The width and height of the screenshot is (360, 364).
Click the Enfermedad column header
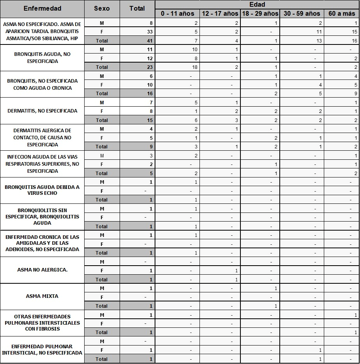(x=42, y=8)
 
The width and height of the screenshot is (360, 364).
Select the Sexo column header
(x=102, y=8)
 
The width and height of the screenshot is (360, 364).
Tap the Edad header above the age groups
(x=257, y=5)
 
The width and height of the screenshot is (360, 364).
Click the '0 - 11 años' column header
(x=177, y=13)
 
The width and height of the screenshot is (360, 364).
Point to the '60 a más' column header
(x=342, y=13)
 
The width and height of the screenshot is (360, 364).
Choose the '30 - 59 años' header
(x=302, y=13)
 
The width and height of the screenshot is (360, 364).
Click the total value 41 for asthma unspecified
(x=150, y=41)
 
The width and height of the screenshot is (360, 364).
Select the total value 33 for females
(x=150, y=32)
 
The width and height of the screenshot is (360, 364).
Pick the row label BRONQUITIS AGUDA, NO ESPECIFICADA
(x=42, y=58)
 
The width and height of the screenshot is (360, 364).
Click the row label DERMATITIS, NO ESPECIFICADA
(x=42, y=111)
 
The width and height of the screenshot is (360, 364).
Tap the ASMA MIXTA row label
(x=42, y=296)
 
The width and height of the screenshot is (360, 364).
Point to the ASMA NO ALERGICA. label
(x=42, y=270)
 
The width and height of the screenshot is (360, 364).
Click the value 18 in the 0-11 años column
(x=194, y=67)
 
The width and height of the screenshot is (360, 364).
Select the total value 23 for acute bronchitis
(x=150, y=67)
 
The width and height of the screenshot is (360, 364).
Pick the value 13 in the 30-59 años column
(x=319, y=41)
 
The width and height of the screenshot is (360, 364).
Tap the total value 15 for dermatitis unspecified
(x=150, y=120)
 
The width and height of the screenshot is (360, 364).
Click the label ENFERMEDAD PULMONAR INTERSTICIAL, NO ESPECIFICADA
(x=42, y=349)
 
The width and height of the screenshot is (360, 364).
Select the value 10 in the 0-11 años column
(x=194, y=50)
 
